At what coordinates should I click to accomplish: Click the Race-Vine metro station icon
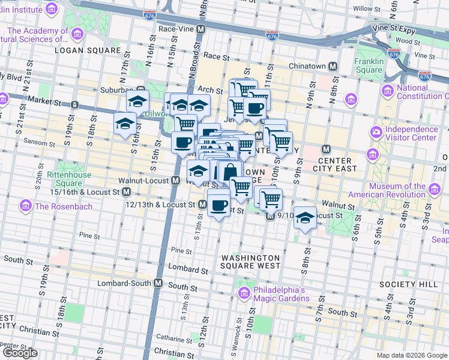pyautogui.click(x=201, y=29)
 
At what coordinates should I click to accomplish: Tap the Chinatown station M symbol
pyautogui.click(x=331, y=65)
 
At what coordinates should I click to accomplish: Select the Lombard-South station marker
pyautogui.click(x=158, y=283)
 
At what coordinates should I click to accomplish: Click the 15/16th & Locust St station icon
pyautogui.click(x=127, y=192)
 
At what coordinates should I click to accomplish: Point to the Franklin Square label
pyautogui.click(x=369, y=65)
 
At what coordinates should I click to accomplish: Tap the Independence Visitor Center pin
pyautogui.click(x=376, y=131)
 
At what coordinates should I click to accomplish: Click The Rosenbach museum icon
pyautogui.click(x=26, y=206)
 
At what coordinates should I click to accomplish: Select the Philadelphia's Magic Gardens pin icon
pyautogui.click(x=244, y=293)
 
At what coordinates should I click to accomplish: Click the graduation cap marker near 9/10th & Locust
pyautogui.click(x=306, y=218)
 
